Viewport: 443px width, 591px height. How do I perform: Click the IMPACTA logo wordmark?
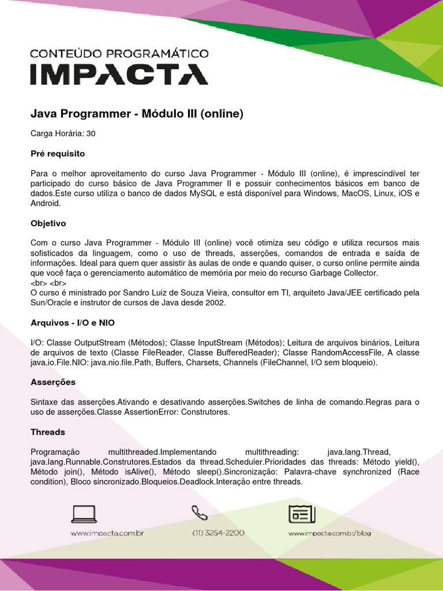119,74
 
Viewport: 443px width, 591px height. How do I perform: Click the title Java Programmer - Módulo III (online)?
137,114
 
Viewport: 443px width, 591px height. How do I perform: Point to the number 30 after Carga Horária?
91,133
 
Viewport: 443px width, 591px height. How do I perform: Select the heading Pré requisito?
58,154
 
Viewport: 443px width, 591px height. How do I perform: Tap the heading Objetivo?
48,223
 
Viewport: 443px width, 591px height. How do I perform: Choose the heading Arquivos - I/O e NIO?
76,322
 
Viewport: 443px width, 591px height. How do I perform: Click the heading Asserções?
53,382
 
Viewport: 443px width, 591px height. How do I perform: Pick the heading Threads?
48,432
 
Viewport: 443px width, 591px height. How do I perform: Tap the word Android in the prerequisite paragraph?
45,203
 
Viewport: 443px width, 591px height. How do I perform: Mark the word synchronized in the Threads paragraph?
359,472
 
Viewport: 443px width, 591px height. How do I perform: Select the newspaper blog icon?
301,513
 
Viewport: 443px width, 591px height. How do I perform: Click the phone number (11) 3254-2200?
218,533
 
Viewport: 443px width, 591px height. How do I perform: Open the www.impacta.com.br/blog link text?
329,533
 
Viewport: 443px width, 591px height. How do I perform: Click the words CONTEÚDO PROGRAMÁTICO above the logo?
119,54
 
